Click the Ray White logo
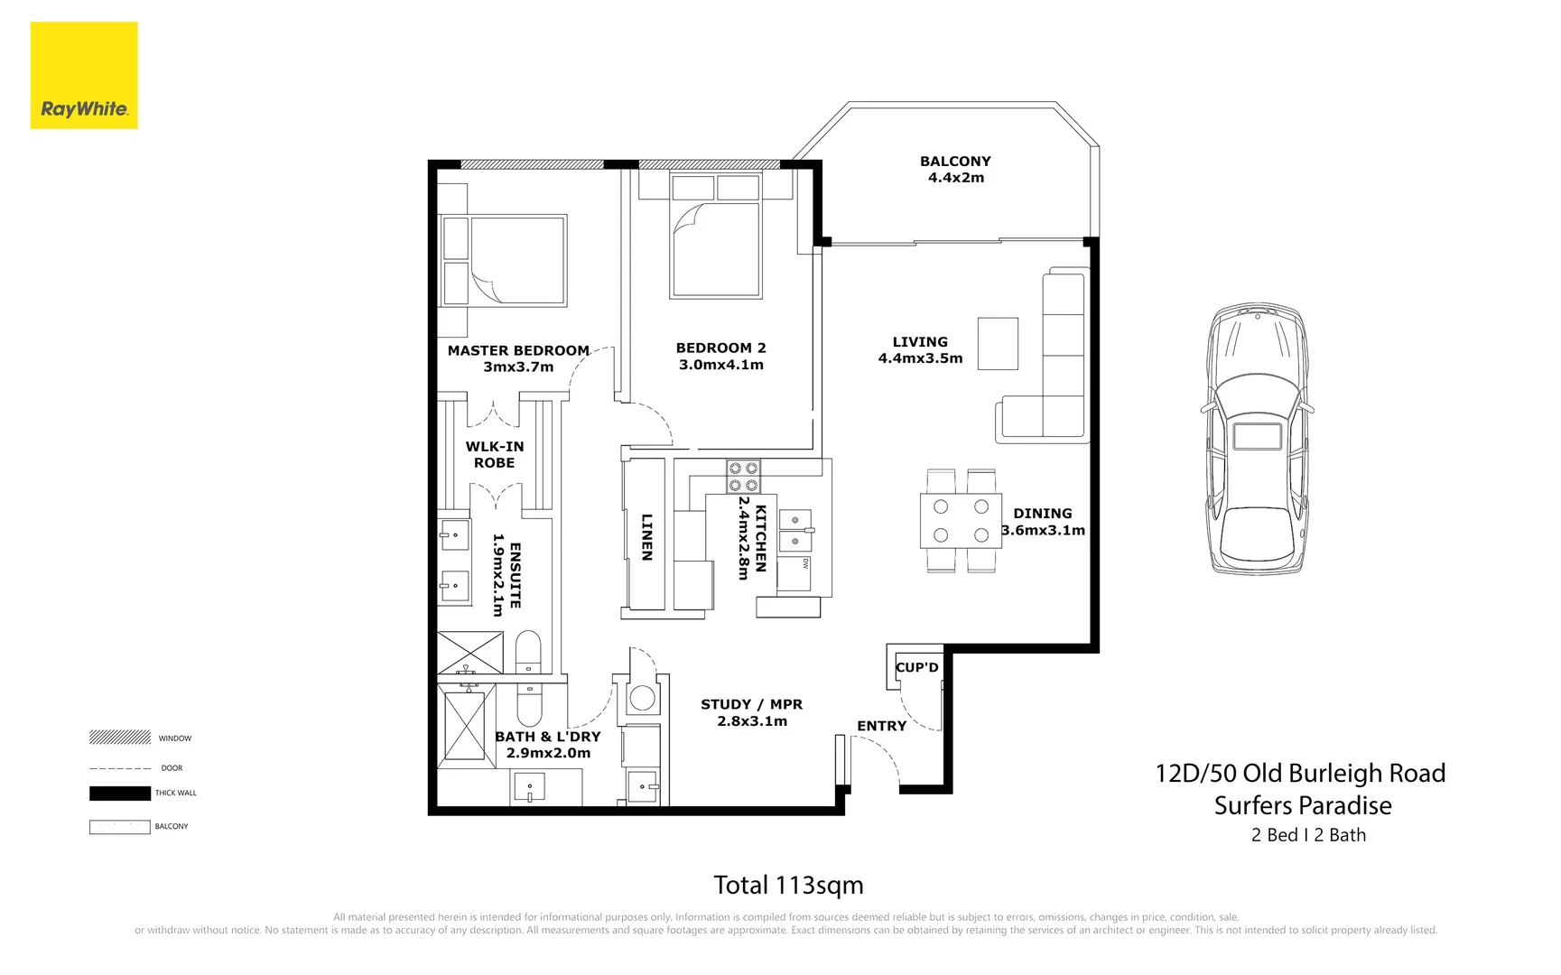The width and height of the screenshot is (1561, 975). pyautogui.click(x=84, y=76)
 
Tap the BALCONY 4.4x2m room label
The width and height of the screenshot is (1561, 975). pyautogui.click(x=955, y=169)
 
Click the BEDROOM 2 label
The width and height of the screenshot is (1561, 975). pyautogui.click(x=720, y=356)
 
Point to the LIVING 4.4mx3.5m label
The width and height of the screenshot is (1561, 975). pyautogui.click(x=920, y=349)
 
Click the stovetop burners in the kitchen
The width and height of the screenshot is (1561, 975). pyautogui.click(x=743, y=477)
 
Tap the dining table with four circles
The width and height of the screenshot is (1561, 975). pyautogui.click(x=961, y=521)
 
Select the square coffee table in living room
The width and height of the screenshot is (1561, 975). pyautogui.click(x=998, y=343)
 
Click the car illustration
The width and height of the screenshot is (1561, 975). pyautogui.click(x=1258, y=439)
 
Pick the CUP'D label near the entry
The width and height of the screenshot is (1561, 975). pyautogui.click(x=916, y=667)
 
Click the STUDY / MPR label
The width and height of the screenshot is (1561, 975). pyautogui.click(x=751, y=711)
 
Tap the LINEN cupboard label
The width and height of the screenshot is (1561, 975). pyautogui.click(x=646, y=537)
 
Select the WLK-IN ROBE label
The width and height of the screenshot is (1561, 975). pyautogui.click(x=494, y=454)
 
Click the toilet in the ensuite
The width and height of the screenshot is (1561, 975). pyautogui.click(x=528, y=651)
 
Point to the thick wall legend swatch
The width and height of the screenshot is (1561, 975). pyautogui.click(x=119, y=794)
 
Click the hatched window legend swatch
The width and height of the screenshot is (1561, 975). pyautogui.click(x=119, y=738)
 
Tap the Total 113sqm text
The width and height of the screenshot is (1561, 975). pyautogui.click(x=788, y=885)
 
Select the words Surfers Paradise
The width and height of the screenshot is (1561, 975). pyautogui.click(x=1302, y=805)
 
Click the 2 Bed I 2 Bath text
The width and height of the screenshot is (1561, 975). pyautogui.click(x=1307, y=835)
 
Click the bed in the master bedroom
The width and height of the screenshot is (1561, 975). pyautogui.click(x=504, y=260)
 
